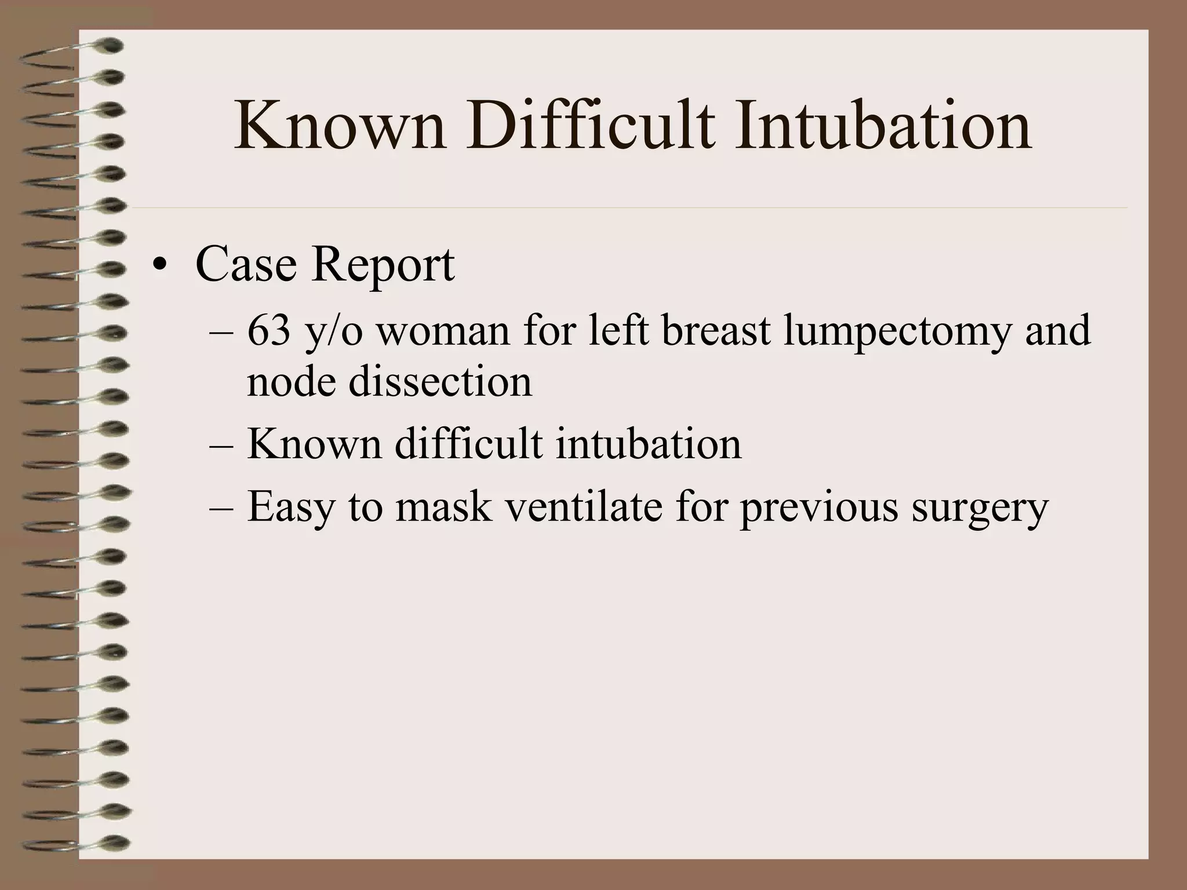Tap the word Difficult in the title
590,126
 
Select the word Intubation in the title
883,126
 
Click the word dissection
440,382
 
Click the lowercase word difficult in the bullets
468,444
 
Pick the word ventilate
584,506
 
